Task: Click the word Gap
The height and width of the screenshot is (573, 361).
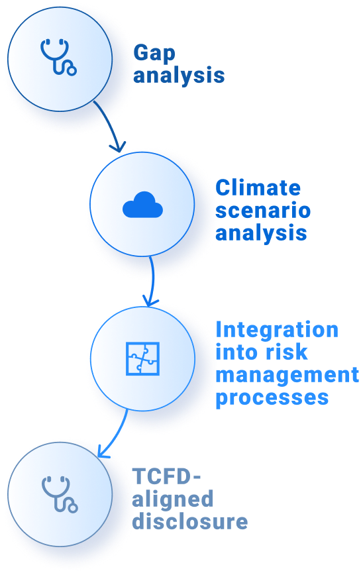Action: pyautogui.click(x=154, y=54)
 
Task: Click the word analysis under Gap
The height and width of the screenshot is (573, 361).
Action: pyautogui.click(x=179, y=76)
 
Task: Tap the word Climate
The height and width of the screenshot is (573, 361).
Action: pyautogui.click(x=258, y=188)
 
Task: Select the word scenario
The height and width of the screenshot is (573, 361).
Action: pyautogui.click(x=263, y=211)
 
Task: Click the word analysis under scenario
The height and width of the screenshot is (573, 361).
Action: pyautogui.click(x=261, y=233)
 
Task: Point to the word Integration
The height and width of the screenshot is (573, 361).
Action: pyautogui.click(x=277, y=330)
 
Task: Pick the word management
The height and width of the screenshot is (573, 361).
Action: pyautogui.click(x=287, y=376)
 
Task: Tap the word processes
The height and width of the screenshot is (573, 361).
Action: pyautogui.click(x=272, y=398)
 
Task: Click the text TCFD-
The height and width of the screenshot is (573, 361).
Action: pyautogui.click(x=167, y=476)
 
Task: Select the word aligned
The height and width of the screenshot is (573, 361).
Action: pyautogui.click(x=172, y=499)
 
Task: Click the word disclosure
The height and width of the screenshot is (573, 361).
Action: pyautogui.click(x=190, y=521)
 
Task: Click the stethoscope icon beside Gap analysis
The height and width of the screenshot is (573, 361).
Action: pyautogui.click(x=58, y=57)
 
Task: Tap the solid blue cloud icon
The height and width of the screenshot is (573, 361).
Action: pyautogui.click(x=142, y=205)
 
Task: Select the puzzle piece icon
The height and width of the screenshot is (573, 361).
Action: pyautogui.click(x=142, y=358)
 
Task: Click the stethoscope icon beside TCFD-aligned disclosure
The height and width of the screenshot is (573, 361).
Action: pyautogui.click(x=59, y=494)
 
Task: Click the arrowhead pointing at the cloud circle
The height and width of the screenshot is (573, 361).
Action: pyautogui.click(x=119, y=147)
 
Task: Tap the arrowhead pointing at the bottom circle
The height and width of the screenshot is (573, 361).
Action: pyautogui.click(x=103, y=452)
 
